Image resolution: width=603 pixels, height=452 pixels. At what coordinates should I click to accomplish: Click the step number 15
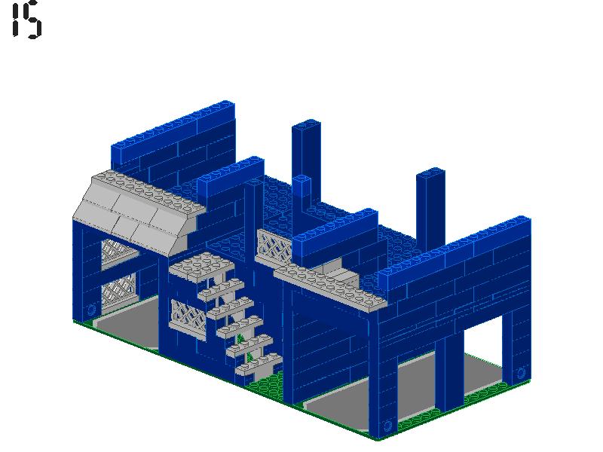click(26, 20)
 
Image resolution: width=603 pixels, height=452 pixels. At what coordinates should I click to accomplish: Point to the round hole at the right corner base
click(520, 372)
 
